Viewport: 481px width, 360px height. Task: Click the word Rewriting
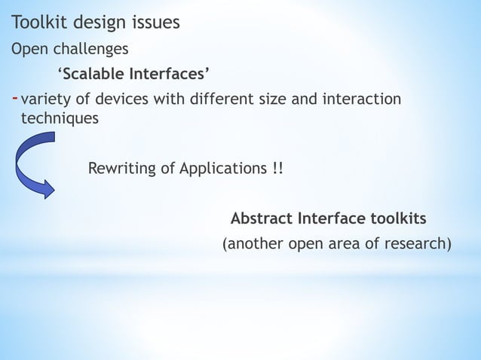point(121,166)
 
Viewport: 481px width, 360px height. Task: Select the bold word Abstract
point(262,218)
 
